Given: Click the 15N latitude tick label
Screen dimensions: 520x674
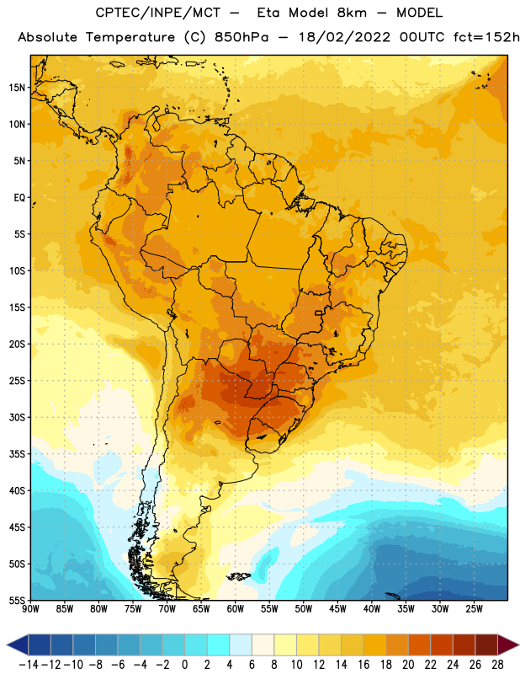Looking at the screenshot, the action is tap(17, 88).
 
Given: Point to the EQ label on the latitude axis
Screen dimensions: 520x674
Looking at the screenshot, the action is tap(19, 198).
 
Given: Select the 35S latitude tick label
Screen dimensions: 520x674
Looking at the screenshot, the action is tap(17, 454).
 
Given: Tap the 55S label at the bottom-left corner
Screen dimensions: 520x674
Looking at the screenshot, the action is tap(17, 600).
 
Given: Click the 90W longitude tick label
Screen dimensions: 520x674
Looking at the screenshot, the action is tap(30, 609).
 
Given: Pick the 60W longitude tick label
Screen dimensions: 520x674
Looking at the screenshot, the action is tap(236, 609).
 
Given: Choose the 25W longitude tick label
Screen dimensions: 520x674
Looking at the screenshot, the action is tap(474, 609).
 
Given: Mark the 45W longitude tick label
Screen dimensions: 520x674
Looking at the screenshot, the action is tap(337, 609).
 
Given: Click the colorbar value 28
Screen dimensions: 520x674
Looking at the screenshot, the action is tap(497, 665).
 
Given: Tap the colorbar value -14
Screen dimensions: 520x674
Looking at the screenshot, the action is tap(29, 665).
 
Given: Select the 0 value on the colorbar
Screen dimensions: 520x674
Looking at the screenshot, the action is tap(184, 665).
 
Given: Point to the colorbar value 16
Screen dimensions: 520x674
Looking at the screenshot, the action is tap(363, 665).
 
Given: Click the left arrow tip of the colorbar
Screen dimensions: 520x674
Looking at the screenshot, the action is tap(8, 645).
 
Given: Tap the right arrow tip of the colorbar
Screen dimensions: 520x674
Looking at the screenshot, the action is tap(518, 645).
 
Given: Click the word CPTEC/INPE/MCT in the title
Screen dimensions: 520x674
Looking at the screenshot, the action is tap(158, 13).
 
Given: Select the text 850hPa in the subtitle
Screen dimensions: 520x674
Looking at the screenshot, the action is tap(241, 37).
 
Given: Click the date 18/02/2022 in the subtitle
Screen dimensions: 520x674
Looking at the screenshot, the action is tap(344, 37).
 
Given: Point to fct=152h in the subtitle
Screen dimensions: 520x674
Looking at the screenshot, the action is tap(486, 37).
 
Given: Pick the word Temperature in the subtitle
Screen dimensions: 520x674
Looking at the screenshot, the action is tap(130, 38).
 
